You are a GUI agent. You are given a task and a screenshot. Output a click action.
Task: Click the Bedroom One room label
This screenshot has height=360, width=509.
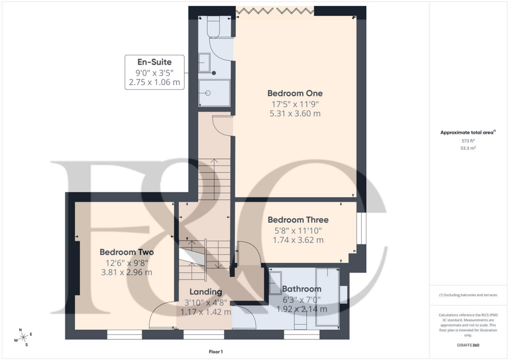(x=295, y=93)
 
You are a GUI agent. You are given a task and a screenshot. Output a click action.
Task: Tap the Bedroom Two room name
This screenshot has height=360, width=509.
(x=127, y=252)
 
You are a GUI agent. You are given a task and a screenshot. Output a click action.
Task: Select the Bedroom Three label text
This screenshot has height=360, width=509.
(x=298, y=220)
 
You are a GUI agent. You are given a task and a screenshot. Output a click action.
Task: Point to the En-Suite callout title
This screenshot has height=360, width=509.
(x=155, y=62)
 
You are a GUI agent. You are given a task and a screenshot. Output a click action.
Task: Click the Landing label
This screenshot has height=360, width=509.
(x=206, y=292)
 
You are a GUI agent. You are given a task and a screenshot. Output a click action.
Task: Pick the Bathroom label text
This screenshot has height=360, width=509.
(x=302, y=289)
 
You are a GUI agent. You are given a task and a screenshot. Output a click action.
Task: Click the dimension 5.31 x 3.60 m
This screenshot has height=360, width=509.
(x=295, y=113)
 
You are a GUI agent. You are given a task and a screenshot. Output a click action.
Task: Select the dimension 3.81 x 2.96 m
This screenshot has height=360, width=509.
(x=127, y=272)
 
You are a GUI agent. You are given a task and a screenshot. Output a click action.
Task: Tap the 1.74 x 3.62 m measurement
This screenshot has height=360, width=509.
(x=298, y=240)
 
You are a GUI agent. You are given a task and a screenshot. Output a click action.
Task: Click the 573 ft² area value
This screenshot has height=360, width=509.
(x=468, y=141)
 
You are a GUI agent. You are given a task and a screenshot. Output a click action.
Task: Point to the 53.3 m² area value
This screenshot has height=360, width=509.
(x=468, y=148)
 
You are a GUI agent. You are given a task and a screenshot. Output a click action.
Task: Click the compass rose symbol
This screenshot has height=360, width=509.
(x=23, y=338)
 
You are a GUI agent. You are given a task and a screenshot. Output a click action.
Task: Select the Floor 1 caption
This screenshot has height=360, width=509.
(x=216, y=352)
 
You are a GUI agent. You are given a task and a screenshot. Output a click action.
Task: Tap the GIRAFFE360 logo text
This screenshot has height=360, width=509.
(x=468, y=345)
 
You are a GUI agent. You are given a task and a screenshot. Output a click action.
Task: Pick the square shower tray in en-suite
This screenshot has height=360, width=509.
(x=214, y=93)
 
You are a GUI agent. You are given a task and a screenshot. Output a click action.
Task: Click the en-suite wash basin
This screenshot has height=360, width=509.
(x=205, y=63)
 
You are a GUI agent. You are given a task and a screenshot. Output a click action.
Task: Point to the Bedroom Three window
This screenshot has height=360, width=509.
(x=361, y=228)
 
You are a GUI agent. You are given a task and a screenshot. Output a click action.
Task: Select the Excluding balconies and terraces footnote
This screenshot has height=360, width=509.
(x=468, y=295)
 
